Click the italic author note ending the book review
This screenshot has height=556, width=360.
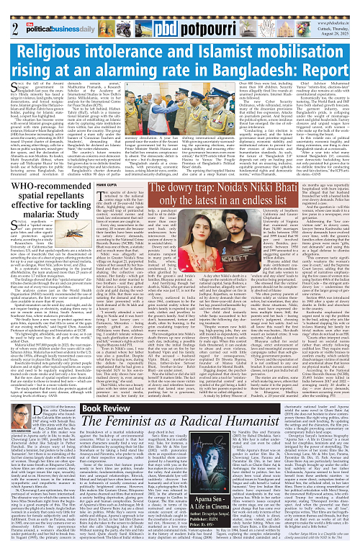click(318, 544)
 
